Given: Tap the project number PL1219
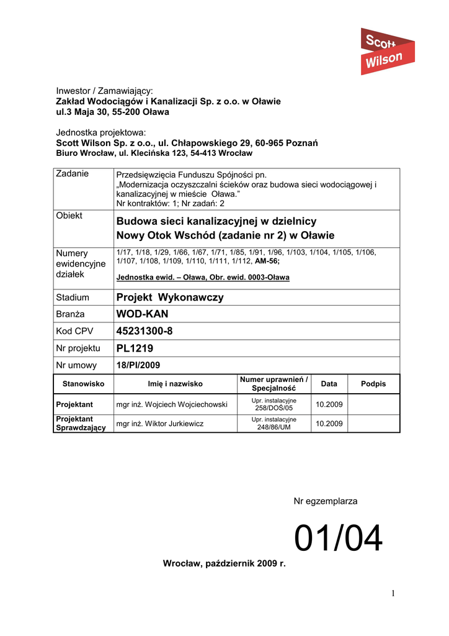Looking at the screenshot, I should (x=135, y=348).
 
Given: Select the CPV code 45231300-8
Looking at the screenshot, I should (x=144, y=331).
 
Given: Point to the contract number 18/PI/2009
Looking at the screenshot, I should (x=138, y=365).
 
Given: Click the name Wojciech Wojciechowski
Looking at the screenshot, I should (x=172, y=404).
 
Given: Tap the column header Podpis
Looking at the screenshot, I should (x=373, y=384).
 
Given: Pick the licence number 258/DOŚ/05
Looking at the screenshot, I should (x=274, y=409).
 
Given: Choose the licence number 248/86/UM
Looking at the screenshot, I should (x=274, y=427).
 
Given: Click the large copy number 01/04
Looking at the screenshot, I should (x=339, y=538).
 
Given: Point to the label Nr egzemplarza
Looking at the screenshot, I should (x=325, y=501).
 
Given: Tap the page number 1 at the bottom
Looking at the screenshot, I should (x=393, y=594).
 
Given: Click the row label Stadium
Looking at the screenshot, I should (x=73, y=298).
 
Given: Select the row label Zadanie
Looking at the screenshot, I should (x=73, y=174).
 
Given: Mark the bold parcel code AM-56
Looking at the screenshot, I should (x=267, y=261).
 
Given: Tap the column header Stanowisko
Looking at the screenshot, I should (x=83, y=384).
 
